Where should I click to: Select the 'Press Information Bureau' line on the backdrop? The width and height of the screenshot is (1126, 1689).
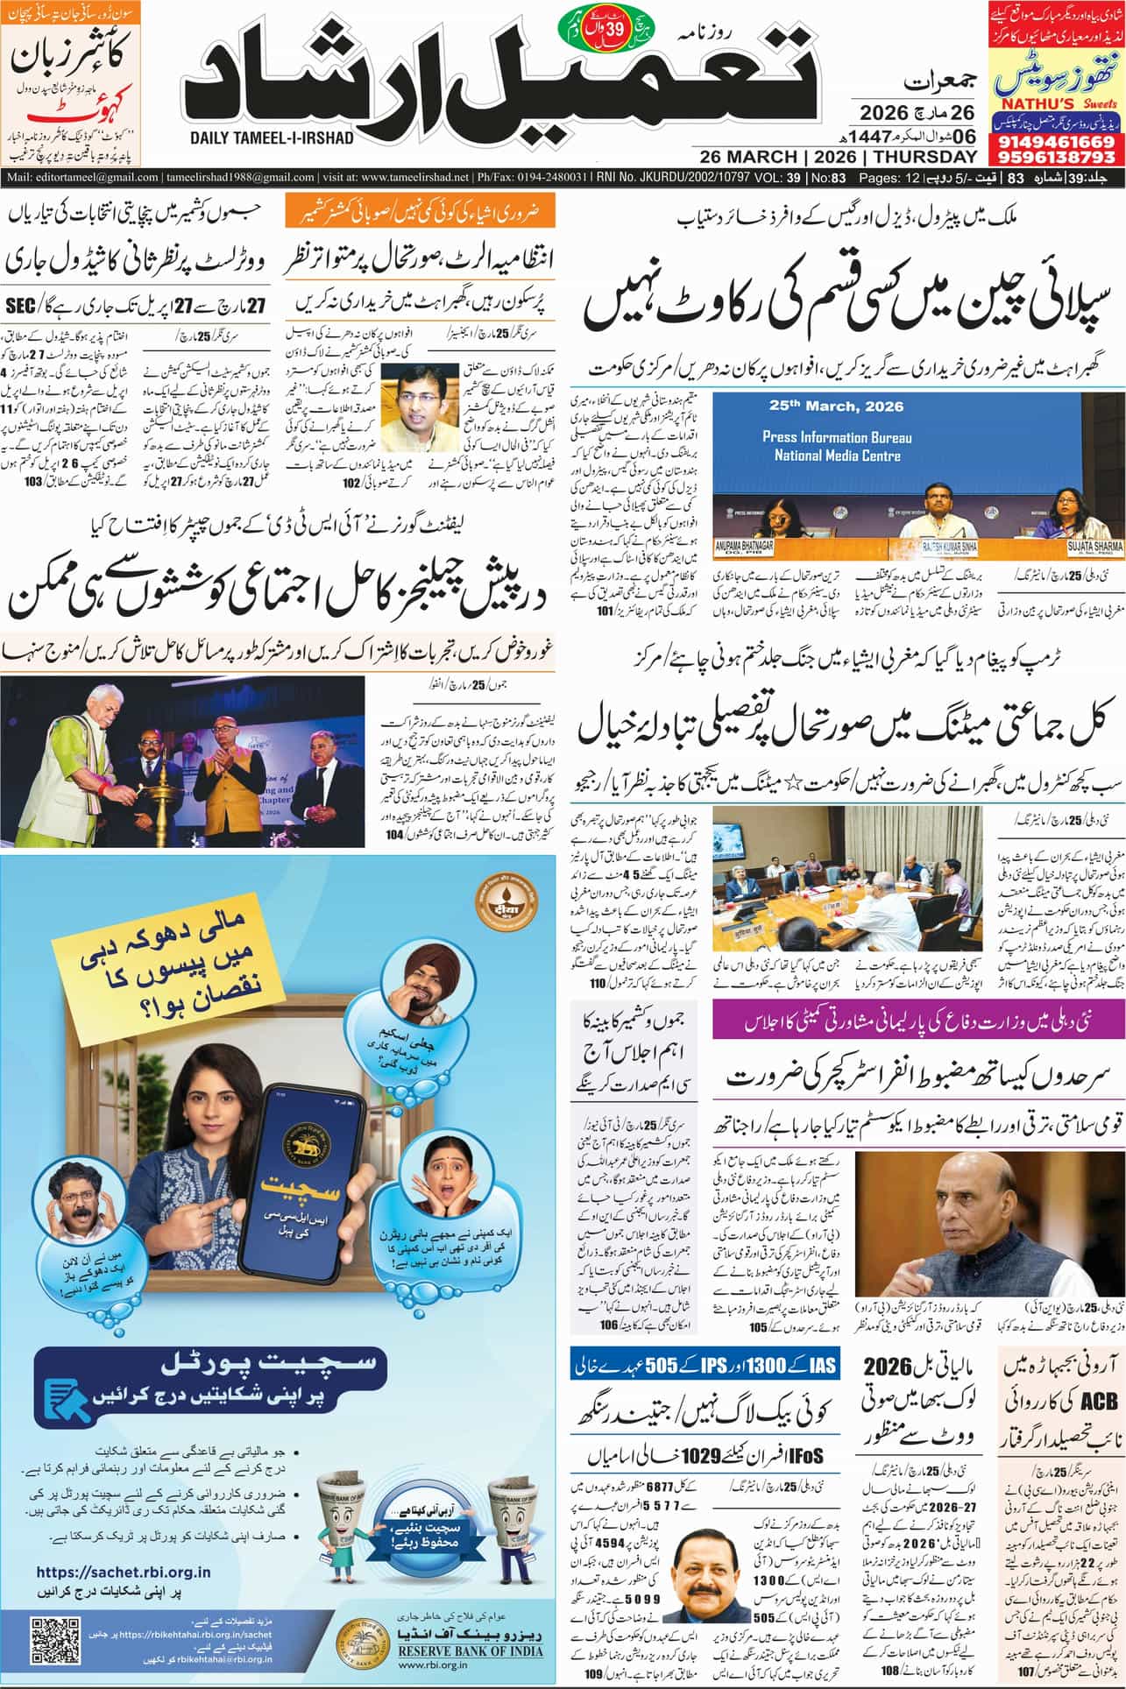pyautogui.click(x=837, y=437)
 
